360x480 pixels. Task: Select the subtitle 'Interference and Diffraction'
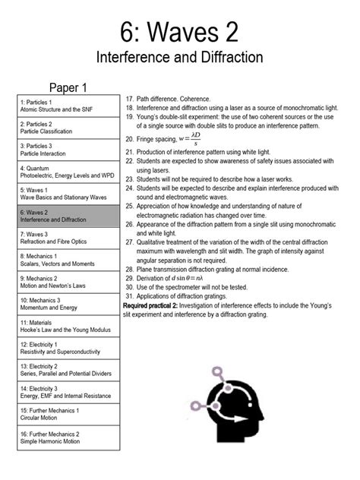click(x=179, y=58)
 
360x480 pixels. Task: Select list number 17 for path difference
click(x=130, y=99)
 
